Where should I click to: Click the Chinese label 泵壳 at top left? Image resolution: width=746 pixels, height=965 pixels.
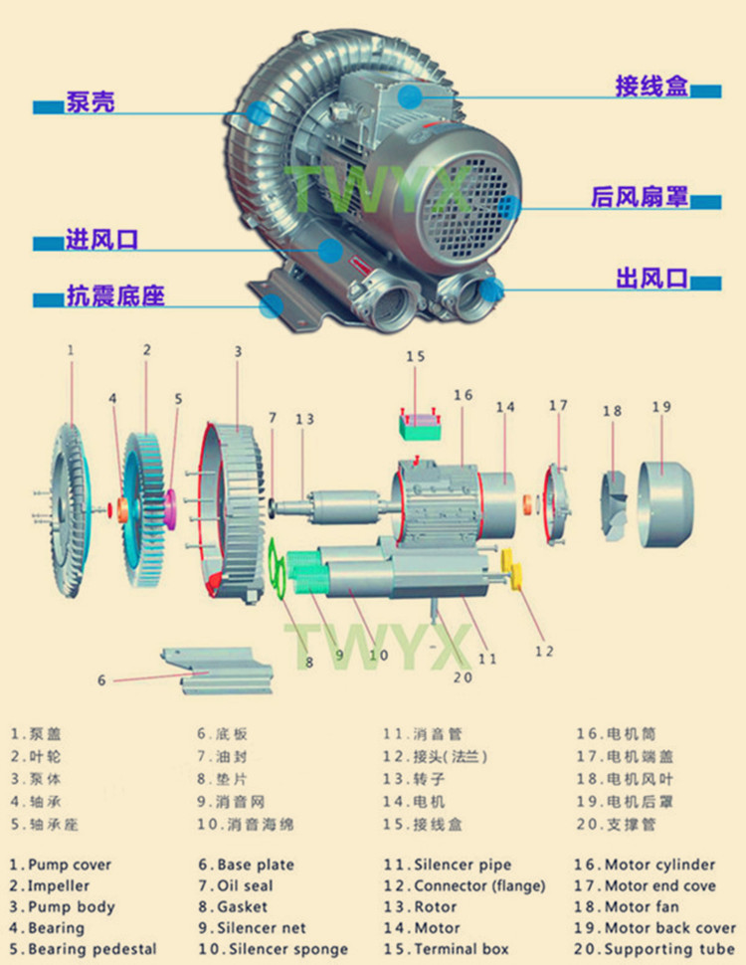point(90,101)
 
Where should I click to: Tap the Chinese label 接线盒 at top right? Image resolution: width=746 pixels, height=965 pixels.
point(652,88)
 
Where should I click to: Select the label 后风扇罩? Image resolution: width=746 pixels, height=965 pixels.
point(639,198)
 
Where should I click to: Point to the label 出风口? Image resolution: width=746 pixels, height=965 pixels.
point(652,280)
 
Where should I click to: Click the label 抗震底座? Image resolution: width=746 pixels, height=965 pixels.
point(114,295)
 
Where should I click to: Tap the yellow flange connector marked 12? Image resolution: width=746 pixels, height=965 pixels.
point(516,573)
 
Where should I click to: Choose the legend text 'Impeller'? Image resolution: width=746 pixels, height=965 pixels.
point(59,885)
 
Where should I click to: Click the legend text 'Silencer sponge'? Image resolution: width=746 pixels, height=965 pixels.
point(282,949)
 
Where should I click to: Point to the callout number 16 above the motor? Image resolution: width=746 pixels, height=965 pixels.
point(463,395)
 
